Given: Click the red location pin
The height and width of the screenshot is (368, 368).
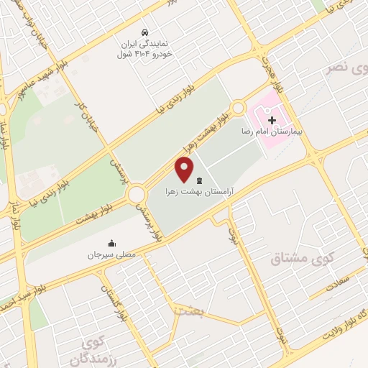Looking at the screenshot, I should (185, 170).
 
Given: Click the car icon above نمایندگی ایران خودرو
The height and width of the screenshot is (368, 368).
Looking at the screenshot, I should (146, 33).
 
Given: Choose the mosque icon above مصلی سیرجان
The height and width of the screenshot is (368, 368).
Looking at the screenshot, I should (111, 243).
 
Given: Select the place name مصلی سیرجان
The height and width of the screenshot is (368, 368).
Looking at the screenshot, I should (112, 255).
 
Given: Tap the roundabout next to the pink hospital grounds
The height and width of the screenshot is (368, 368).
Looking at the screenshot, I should (239, 109).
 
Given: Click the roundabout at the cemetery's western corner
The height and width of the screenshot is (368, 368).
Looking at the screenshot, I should (136, 194).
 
